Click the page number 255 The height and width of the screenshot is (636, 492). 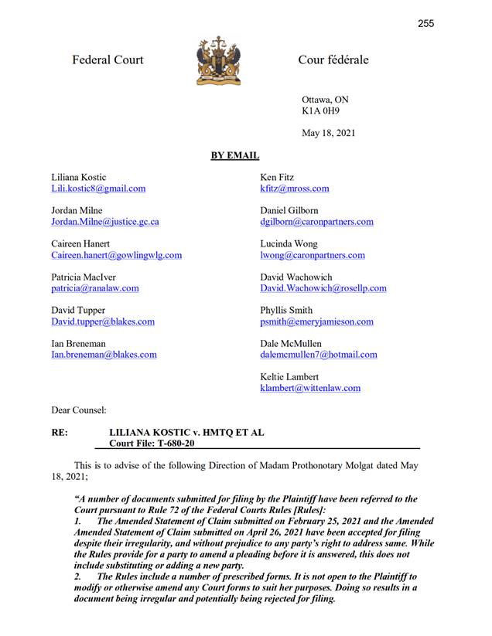pos(425,23)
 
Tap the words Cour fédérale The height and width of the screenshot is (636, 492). pos(333,60)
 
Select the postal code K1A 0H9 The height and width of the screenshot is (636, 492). pos(320,111)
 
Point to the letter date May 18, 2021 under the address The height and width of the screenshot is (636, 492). pos(329,133)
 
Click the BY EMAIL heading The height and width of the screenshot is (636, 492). pos(234,156)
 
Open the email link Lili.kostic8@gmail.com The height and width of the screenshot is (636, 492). pos(98,189)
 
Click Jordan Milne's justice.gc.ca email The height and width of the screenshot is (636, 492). pos(105,222)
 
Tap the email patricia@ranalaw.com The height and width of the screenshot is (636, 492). pos(95,288)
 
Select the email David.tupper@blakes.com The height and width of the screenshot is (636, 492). pos(103,321)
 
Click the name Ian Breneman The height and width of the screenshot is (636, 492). pos(78,344)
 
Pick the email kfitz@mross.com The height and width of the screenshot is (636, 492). pos(295,189)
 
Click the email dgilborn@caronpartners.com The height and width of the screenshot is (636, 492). pos(317,222)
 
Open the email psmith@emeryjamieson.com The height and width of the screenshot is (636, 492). pos(317,321)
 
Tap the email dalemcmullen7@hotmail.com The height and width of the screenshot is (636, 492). pos(319,355)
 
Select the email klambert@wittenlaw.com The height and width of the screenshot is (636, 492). pos(310,388)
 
